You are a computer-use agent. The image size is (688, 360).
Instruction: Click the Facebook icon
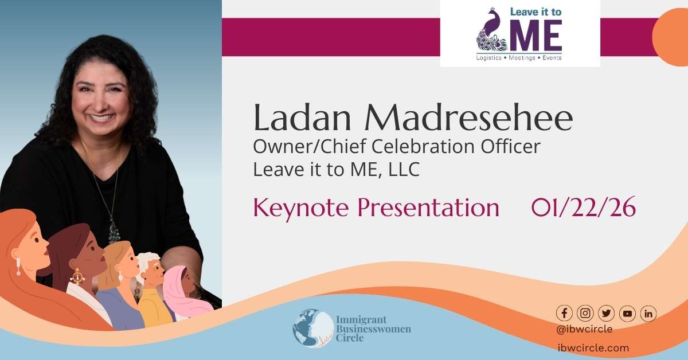(x=564, y=314)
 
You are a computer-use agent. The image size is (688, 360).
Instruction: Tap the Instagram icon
(x=585, y=314)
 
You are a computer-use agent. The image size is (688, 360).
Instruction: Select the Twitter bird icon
(x=606, y=314)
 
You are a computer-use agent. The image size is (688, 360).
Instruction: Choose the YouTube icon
(x=627, y=314)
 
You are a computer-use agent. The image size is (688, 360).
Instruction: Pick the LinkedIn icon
(x=648, y=314)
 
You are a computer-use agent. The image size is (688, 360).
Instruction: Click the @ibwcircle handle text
(x=584, y=329)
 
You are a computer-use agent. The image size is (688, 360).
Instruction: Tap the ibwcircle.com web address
(x=593, y=348)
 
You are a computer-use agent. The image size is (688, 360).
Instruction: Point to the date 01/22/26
(x=583, y=208)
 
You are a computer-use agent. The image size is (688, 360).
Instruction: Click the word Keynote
(x=300, y=209)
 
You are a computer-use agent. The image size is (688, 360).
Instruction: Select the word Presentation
(x=428, y=208)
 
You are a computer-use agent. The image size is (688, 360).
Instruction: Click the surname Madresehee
(x=469, y=118)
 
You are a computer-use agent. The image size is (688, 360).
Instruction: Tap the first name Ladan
(x=302, y=118)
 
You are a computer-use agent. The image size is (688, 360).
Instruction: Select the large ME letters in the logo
(x=537, y=36)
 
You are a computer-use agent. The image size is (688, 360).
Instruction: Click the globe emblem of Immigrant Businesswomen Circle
(x=313, y=328)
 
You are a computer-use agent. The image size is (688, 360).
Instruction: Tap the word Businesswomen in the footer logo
(x=373, y=329)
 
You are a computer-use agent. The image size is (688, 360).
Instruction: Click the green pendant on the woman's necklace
(x=114, y=233)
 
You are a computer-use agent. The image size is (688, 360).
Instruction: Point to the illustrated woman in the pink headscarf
(x=183, y=292)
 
